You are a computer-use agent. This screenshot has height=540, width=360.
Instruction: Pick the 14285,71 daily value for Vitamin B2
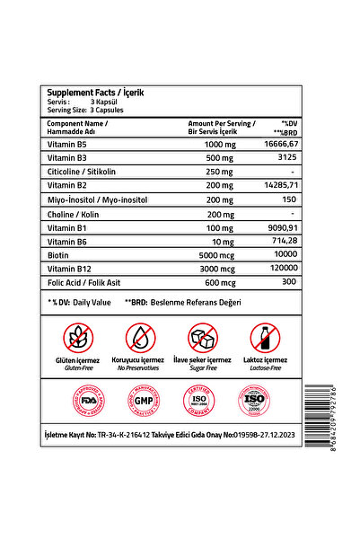[x=280, y=184]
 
